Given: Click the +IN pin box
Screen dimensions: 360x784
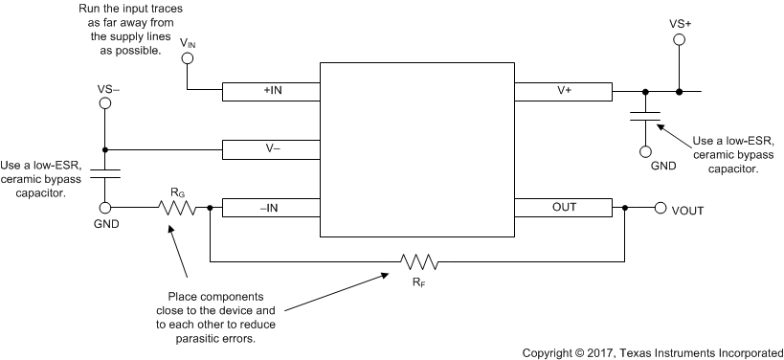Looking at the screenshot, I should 271,91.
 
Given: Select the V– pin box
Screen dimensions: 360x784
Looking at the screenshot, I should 271,149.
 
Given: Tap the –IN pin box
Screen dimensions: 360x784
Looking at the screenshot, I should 271,207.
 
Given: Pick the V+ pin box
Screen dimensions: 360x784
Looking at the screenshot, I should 564,91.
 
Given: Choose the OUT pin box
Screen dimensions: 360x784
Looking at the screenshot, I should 564,207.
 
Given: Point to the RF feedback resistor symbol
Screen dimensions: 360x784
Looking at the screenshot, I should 419,261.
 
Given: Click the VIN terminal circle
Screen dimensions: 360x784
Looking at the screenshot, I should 188,58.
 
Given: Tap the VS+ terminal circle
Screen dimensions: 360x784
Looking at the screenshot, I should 679,40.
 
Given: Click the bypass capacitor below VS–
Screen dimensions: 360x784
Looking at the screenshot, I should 104,174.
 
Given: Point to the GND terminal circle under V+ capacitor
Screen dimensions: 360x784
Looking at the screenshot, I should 645,151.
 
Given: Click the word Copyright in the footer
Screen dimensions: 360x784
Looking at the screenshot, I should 552,351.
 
